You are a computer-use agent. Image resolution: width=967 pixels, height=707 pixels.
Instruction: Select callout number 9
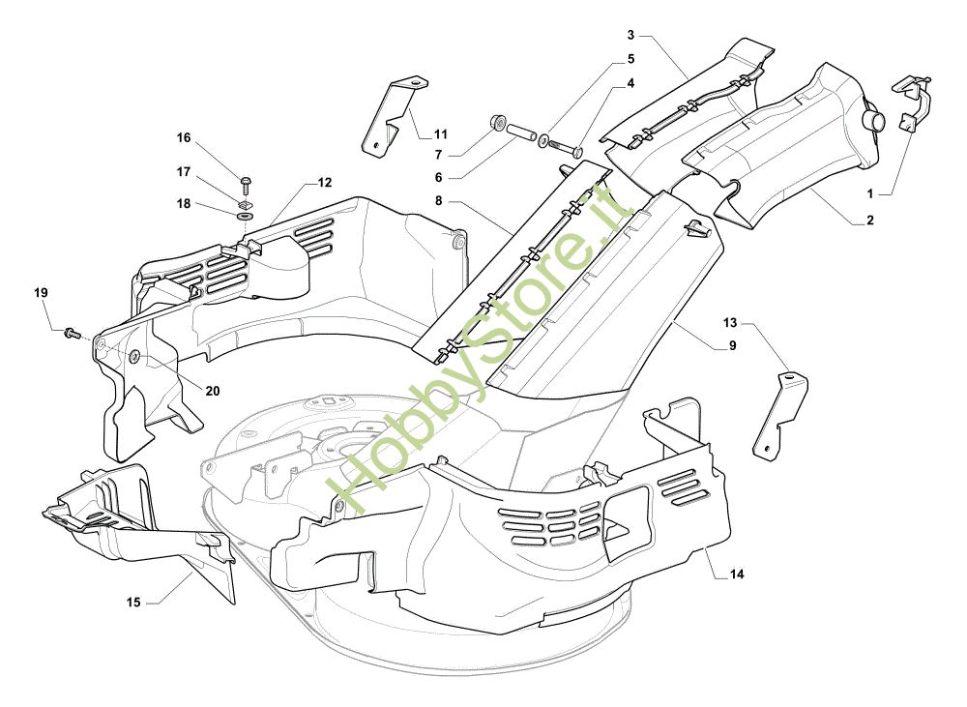[733, 345]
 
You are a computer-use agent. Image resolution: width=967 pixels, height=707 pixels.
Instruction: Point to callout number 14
[737, 574]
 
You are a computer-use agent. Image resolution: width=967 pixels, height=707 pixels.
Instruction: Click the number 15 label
[133, 603]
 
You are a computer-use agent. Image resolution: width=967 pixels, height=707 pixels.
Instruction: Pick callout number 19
[41, 293]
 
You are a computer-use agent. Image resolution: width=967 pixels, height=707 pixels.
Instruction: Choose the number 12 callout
[325, 182]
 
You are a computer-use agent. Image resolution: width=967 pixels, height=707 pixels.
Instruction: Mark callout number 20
[213, 390]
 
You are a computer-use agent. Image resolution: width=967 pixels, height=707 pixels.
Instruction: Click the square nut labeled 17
[246, 200]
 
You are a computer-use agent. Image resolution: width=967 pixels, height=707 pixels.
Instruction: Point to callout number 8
[438, 200]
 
